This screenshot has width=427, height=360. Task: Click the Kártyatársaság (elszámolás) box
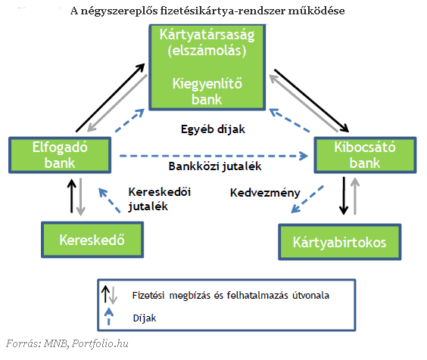tap(207, 67)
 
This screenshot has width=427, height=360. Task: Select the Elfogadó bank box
tap(60, 155)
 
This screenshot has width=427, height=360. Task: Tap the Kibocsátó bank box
tap(365, 155)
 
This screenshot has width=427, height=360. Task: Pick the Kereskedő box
tap(92, 240)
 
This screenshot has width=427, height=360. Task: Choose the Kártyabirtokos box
tap(340, 242)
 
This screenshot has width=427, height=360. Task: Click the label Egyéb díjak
tap(213, 129)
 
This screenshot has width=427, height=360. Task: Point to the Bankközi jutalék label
tap(215, 166)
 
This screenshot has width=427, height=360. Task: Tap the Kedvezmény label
tap(265, 193)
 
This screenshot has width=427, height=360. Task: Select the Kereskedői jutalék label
tap(160, 199)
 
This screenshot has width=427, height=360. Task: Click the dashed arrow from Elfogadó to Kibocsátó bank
tap(213, 156)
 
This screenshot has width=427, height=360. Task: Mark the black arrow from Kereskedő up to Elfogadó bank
tap(72, 196)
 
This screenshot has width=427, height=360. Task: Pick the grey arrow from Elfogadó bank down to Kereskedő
tap(80, 197)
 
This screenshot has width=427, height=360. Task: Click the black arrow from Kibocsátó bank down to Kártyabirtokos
tap(344, 196)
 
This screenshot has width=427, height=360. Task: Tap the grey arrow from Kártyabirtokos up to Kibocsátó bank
tap(355, 196)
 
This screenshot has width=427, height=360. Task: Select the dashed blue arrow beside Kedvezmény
tap(307, 199)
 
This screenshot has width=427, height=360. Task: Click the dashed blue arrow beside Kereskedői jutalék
tap(109, 200)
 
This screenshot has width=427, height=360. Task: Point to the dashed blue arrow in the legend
tap(109, 316)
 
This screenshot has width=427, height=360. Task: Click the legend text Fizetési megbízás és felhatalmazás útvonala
tap(231, 295)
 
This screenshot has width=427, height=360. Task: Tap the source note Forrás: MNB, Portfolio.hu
tap(67, 343)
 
